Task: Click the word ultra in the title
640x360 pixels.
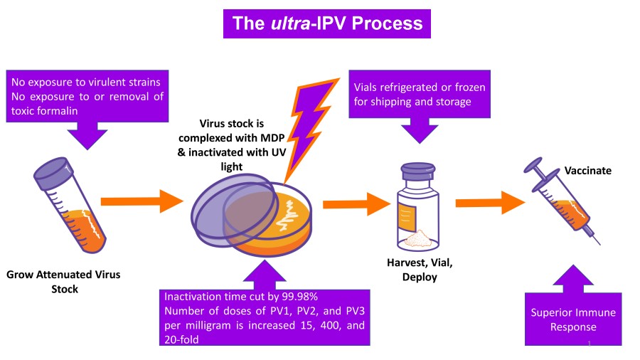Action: pos(291,23)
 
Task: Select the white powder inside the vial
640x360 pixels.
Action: pos(418,239)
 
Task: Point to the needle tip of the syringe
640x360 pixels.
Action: pos(599,244)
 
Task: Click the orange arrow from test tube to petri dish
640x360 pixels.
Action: pos(142,201)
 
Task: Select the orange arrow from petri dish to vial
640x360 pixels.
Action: pos(356,204)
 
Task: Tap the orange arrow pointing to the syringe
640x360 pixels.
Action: pos(490,203)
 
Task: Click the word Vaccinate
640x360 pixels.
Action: pos(588,171)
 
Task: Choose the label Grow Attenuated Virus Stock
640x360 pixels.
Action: pos(64,282)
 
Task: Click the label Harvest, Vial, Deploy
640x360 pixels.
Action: pos(420,270)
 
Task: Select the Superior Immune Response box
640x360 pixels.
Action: pos(573,319)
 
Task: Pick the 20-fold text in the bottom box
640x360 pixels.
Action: pos(181,339)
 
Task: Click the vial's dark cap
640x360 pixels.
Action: pos(418,171)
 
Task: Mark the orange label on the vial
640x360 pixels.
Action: pos(407,218)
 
